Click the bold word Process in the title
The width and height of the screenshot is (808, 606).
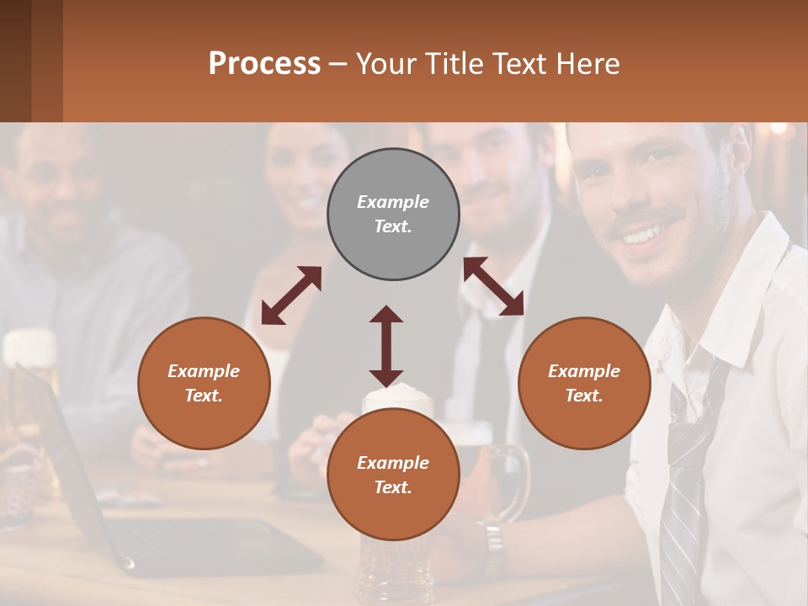pos(264,64)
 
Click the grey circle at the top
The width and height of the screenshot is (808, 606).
pos(393,214)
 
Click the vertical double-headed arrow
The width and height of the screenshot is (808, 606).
pos(386,346)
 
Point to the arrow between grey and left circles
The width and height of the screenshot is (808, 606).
pos(291,295)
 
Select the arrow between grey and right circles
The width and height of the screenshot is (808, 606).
pos(493,286)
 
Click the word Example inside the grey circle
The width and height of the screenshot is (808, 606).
pos(393,202)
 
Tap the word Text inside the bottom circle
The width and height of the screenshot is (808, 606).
pos(393,487)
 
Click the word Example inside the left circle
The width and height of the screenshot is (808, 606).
pos(204,371)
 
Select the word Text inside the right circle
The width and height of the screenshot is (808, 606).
pos(584,396)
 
